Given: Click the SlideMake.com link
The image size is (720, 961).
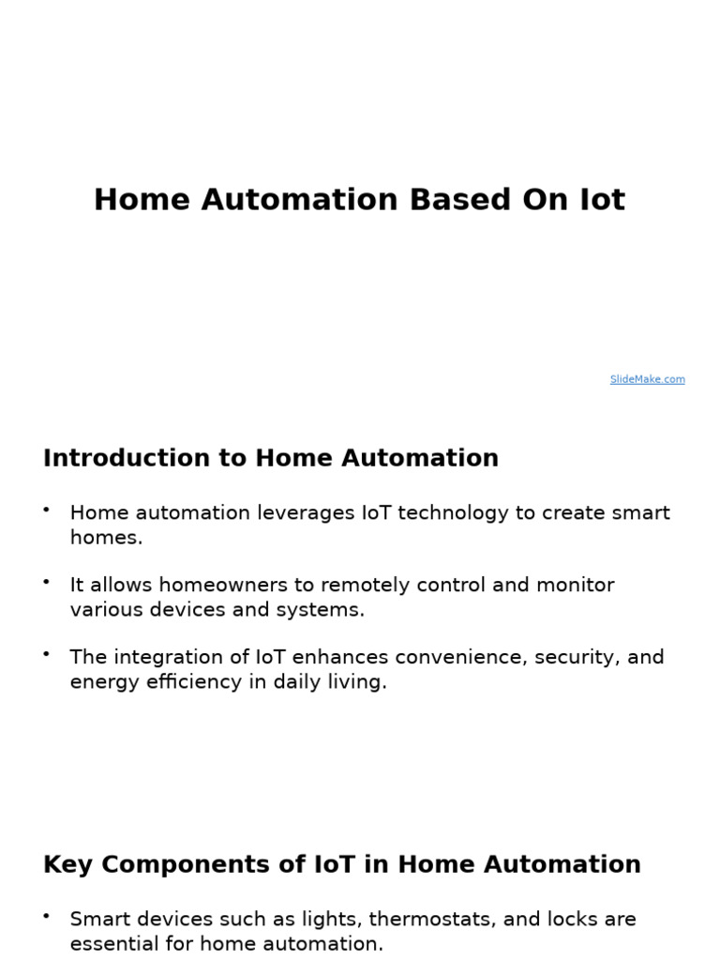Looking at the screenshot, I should click(647, 379).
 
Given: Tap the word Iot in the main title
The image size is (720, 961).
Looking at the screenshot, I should click(599, 200).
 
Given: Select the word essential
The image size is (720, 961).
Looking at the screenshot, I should click(113, 944).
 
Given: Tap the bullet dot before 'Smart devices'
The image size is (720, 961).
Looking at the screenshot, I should click(46, 915).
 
